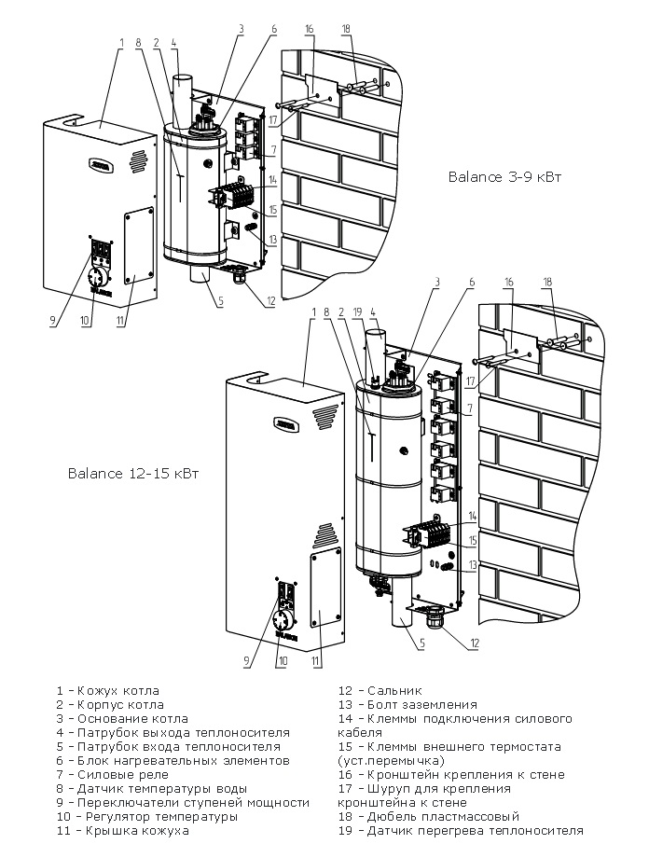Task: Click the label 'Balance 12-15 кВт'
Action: [x=132, y=473]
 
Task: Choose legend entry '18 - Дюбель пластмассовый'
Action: [x=428, y=816]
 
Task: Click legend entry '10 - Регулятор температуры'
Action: [x=146, y=816]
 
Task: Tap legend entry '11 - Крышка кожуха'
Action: [x=122, y=830]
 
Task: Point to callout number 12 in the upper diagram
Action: [x=271, y=300]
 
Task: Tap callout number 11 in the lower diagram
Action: [x=316, y=661]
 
